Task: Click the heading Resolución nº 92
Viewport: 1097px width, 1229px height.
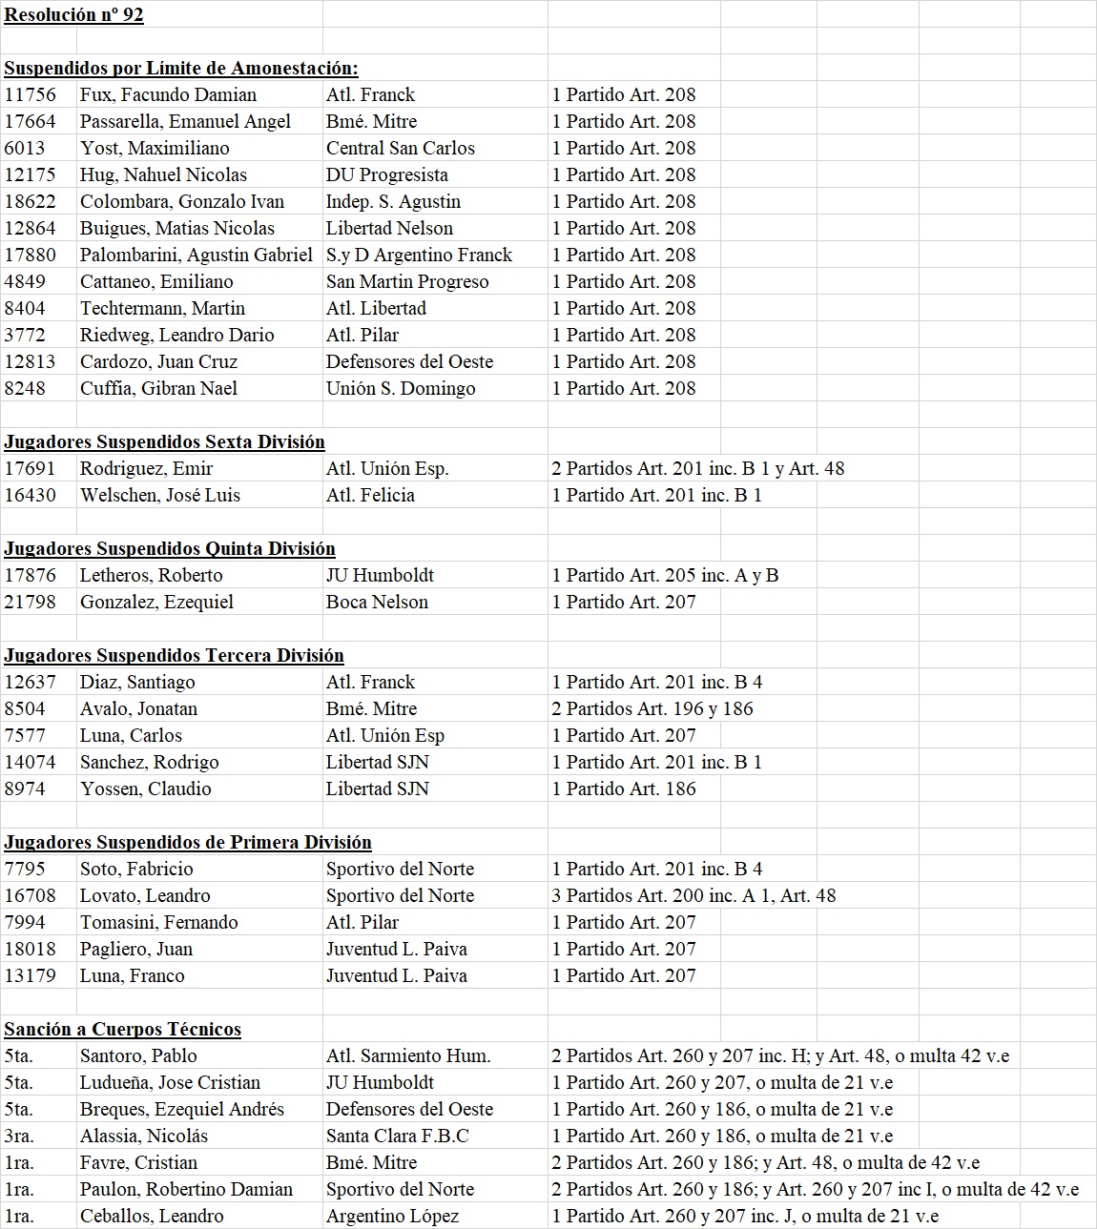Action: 73,14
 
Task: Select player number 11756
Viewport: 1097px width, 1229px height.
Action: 31,94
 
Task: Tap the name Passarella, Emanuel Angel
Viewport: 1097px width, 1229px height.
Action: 185,121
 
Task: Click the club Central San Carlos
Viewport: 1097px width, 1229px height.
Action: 400,148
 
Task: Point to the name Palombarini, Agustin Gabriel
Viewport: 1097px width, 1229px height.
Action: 196,255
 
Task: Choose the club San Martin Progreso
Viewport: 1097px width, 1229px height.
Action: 407,281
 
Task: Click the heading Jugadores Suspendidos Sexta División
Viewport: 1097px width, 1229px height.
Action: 164,441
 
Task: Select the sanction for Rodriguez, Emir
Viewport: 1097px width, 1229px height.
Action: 697,468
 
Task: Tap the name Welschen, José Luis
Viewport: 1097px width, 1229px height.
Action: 160,495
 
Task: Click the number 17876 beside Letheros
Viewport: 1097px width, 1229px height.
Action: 31,575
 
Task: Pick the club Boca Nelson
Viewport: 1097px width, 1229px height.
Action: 377,602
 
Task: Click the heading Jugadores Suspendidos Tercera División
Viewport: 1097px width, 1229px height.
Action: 174,655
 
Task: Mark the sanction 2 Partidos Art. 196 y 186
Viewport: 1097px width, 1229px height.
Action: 652,708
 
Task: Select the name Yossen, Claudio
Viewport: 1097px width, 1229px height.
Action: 146,789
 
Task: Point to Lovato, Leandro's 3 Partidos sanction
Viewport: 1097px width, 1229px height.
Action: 693,895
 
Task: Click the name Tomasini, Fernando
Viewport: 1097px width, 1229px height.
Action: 159,922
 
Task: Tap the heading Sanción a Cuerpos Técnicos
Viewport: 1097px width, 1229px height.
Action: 122,1029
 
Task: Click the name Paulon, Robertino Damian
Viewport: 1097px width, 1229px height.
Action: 186,1189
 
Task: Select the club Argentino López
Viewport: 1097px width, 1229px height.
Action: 392,1216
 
